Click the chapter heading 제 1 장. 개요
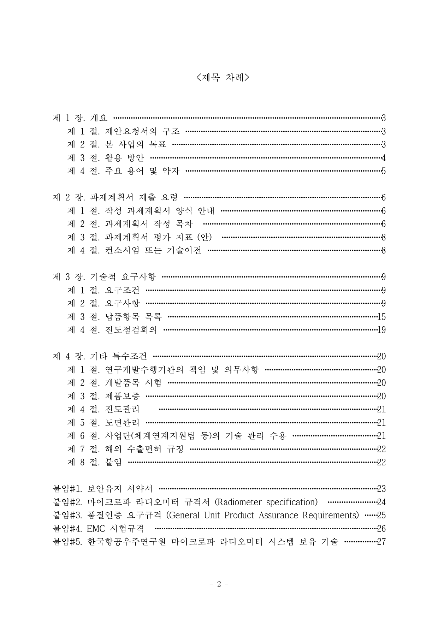coord(80,118)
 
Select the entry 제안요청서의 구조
coord(142,131)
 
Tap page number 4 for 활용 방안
coord(383,158)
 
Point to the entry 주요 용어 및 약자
coord(142,171)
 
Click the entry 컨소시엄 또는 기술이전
coord(153,250)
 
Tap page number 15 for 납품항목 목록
coord(381,317)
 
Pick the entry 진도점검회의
coord(131,330)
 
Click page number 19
coord(381,330)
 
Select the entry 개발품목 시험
coord(134,383)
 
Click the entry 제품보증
coord(122,396)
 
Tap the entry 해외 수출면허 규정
coord(144,449)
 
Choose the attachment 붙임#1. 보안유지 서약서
coord(102,489)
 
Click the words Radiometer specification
coord(266,502)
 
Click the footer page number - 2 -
coord(219,584)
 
